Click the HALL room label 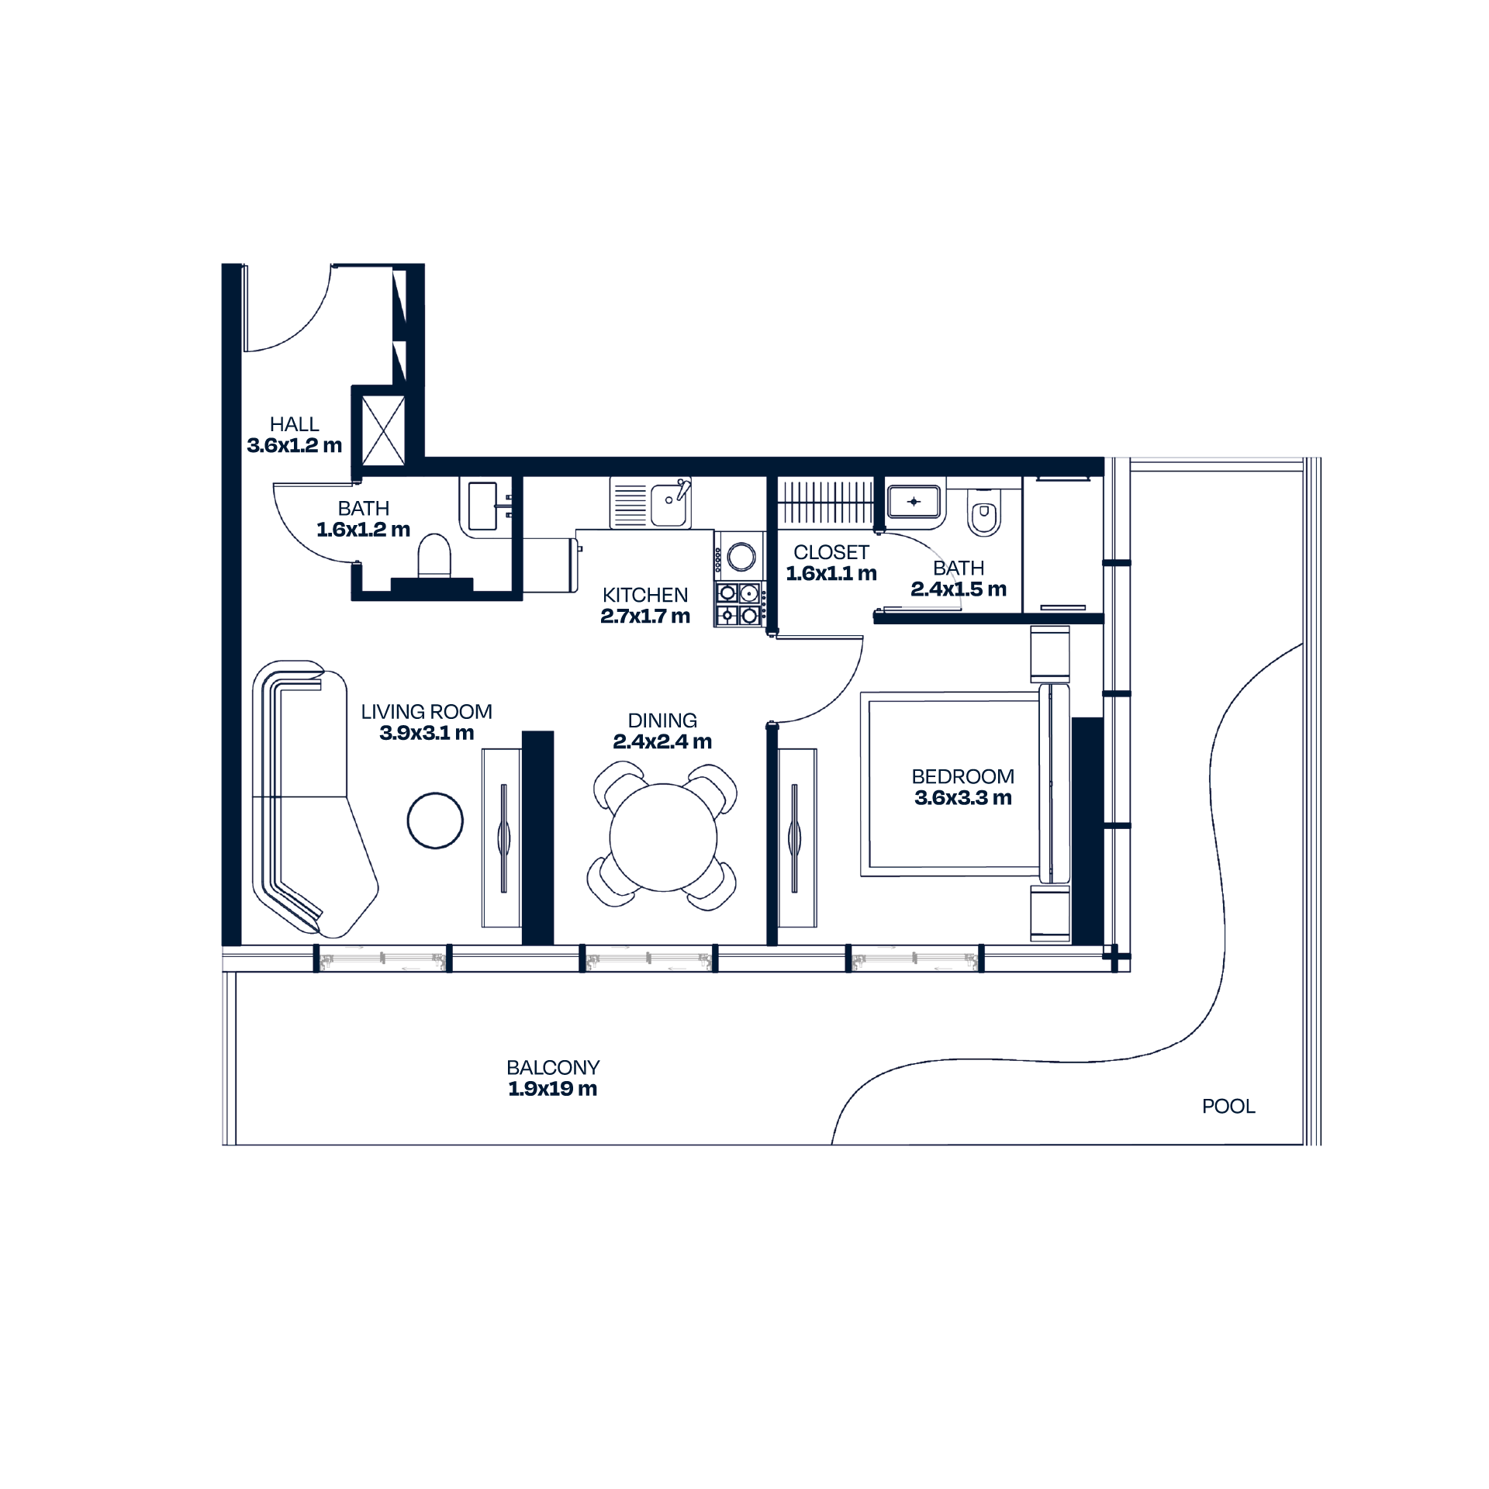[294, 424]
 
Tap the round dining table [663, 837]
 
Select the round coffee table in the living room [435, 821]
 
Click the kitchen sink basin [668, 505]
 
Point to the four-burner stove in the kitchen [739, 604]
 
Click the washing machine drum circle [741, 556]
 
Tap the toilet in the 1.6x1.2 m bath [434, 555]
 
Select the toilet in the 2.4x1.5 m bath [984, 513]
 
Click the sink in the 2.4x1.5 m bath [914, 502]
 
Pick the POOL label [1228, 1107]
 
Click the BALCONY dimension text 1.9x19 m [553, 1089]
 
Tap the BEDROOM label [963, 776]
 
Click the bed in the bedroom [965, 784]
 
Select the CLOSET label [831, 552]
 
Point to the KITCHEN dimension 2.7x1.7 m [645, 617]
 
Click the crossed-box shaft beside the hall [383, 430]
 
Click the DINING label [662, 720]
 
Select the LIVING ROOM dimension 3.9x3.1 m [427, 734]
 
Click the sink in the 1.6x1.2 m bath [483, 506]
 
